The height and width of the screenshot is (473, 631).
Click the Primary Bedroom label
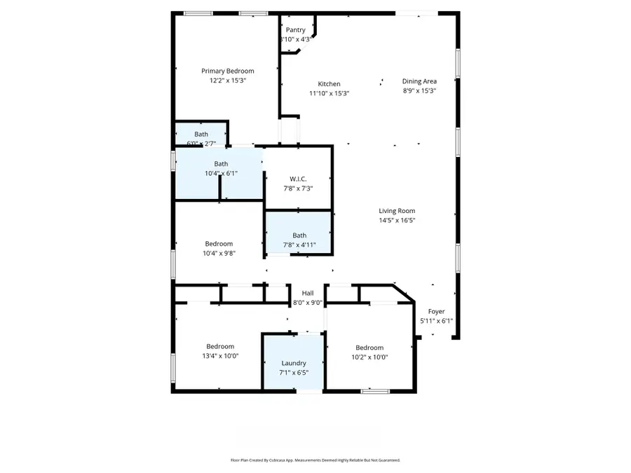point(227,71)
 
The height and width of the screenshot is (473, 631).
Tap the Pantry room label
point(295,30)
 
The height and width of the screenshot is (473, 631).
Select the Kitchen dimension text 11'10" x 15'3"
point(329,93)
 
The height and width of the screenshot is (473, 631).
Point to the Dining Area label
point(419,81)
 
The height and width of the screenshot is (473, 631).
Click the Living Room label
point(397,211)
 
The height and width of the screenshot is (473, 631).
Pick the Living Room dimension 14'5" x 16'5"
point(397,221)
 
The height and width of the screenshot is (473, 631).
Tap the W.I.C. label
point(298,179)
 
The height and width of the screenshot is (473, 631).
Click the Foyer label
point(436,312)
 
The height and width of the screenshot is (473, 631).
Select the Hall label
point(307,293)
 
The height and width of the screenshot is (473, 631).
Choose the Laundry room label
point(294,363)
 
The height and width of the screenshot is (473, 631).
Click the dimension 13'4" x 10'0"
point(220,356)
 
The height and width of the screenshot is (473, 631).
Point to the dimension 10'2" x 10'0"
point(369,357)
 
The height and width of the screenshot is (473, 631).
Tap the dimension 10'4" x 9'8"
point(219,254)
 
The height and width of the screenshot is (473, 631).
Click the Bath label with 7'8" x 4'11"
point(299,235)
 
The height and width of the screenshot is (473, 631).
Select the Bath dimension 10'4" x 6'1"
point(221,173)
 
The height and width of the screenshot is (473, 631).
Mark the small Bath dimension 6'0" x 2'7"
point(201,144)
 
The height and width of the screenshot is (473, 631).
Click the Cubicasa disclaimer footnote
point(315,460)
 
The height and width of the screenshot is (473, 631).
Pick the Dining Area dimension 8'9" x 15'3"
point(419,90)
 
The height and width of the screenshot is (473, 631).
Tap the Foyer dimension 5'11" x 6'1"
point(436,321)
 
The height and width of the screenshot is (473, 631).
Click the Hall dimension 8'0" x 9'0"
point(307,303)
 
